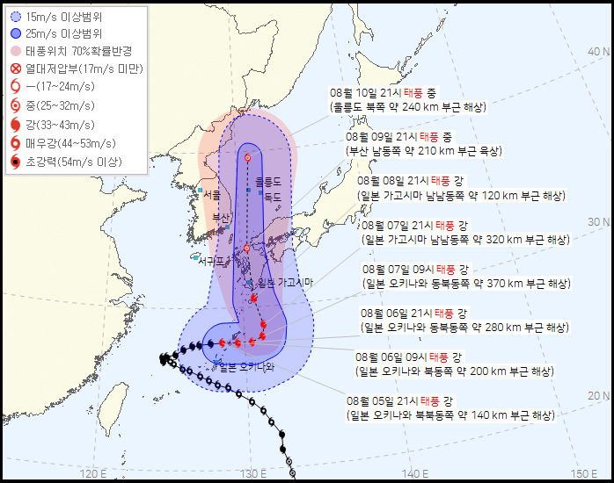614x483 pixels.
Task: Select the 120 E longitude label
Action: [93, 474]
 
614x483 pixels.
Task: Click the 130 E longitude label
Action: [252, 474]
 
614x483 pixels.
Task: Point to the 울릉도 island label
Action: [267, 182]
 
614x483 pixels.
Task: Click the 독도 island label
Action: [272, 198]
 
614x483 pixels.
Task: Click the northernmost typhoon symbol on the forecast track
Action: [247, 158]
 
